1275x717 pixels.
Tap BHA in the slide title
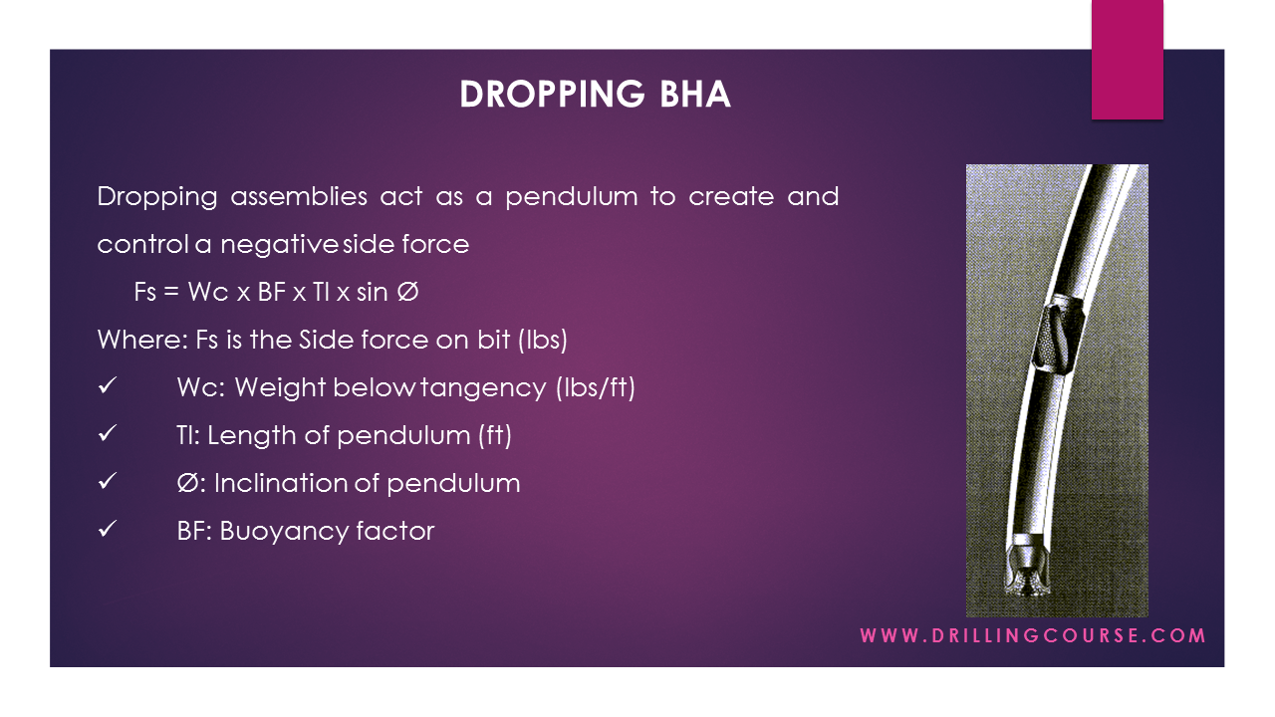[694, 94]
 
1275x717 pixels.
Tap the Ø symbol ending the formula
[406, 293]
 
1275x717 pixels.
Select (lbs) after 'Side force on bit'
[542, 340]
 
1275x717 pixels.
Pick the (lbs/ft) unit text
[595, 387]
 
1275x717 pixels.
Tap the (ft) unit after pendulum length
[496, 435]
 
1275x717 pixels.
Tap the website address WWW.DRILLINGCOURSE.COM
[1033, 635]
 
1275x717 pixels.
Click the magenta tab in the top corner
[1127, 60]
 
